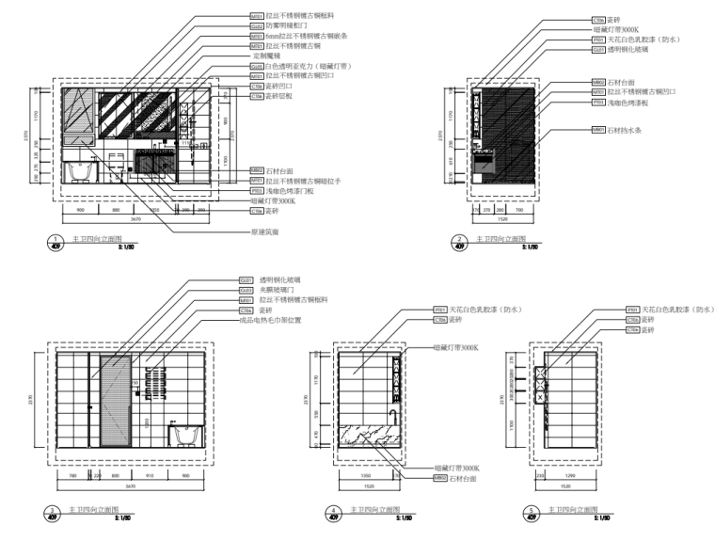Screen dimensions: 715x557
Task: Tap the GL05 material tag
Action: point(256,67)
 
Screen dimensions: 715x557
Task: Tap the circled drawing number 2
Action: point(458,242)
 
